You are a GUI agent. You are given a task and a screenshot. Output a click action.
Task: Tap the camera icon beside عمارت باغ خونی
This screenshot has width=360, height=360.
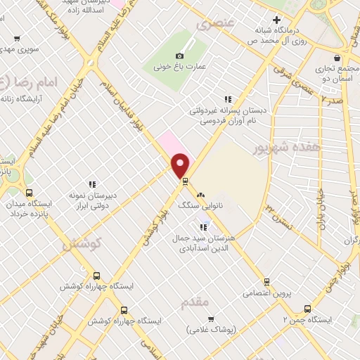point(179,56)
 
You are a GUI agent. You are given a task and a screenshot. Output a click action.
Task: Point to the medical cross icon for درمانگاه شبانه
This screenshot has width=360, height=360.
point(277,20)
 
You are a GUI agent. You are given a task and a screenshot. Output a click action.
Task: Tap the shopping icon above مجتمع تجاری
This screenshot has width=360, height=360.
point(339,58)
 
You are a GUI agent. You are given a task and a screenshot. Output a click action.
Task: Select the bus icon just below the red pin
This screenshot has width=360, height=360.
point(185,181)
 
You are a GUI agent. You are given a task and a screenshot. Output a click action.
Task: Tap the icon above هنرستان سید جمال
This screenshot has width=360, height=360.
point(203,227)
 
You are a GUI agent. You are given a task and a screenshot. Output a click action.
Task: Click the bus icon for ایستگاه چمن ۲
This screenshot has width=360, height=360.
point(307,309)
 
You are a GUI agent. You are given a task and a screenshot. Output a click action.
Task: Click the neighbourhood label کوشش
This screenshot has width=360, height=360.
point(83,243)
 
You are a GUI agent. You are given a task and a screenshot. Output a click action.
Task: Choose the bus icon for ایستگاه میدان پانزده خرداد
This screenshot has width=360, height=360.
point(29,193)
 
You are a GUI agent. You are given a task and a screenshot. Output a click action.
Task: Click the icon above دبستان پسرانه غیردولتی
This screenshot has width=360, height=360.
point(227,99)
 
